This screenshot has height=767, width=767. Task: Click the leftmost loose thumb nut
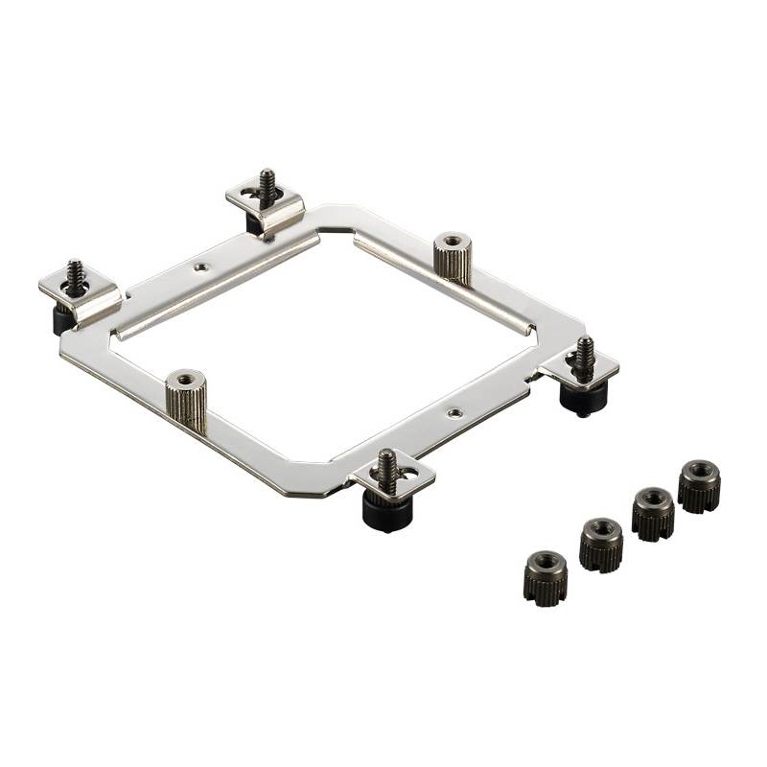pyautogui.click(x=545, y=577)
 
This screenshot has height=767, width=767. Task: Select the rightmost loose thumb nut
pyautogui.click(x=699, y=486)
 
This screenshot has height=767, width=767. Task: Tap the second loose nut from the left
pyautogui.click(x=601, y=545)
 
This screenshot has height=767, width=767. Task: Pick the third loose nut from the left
pyautogui.click(x=653, y=514)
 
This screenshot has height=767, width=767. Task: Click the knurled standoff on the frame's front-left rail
pyautogui.click(x=186, y=401)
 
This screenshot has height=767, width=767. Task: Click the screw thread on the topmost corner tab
pyautogui.click(x=267, y=183)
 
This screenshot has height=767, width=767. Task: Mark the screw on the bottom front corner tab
pyautogui.click(x=387, y=466)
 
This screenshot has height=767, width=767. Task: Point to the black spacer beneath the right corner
pyautogui.click(x=581, y=396)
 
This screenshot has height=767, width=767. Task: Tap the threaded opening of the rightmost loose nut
pyautogui.click(x=699, y=471)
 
